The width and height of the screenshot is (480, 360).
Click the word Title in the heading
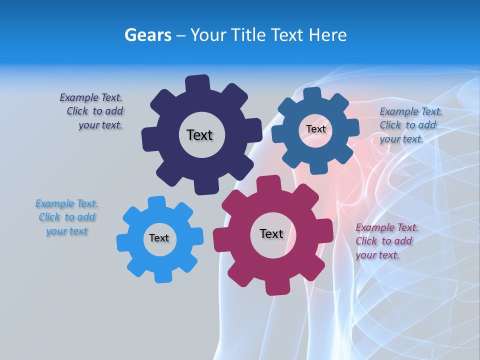(x=248, y=35)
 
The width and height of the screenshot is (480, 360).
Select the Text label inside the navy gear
(x=199, y=135)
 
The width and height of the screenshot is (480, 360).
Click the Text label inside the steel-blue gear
(x=315, y=129)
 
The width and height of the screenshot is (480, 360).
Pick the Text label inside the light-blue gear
(x=159, y=238)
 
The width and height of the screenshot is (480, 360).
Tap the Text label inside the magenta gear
(x=271, y=233)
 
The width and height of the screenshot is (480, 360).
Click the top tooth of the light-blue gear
(x=156, y=202)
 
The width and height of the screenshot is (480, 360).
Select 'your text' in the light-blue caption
(x=67, y=231)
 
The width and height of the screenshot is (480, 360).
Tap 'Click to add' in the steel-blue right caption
(x=407, y=125)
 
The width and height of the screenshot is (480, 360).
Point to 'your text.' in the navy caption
(x=100, y=125)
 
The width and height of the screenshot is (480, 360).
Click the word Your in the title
(x=209, y=35)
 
